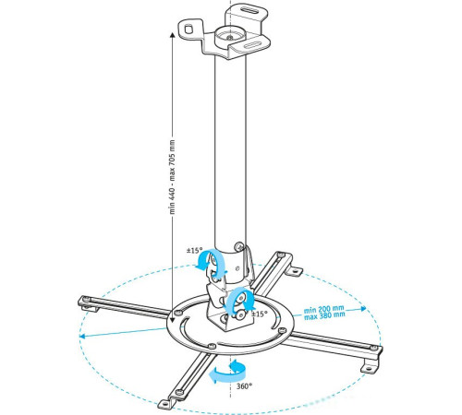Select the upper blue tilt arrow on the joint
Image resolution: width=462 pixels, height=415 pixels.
tap(210, 263)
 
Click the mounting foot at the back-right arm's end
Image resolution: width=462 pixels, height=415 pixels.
tap(295, 269)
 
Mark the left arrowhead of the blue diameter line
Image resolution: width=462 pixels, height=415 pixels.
tap(83, 337)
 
